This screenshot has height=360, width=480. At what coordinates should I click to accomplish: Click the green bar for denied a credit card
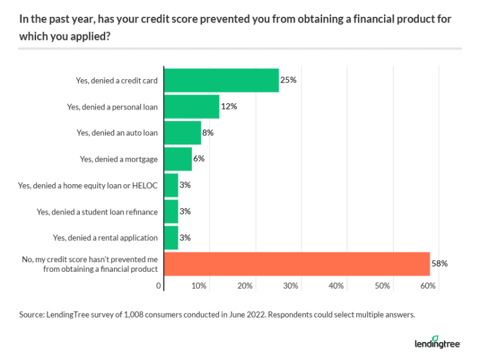(222, 81)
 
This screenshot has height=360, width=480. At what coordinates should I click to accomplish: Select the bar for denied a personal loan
(192, 107)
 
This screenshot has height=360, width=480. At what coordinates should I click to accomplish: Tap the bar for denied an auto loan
(183, 133)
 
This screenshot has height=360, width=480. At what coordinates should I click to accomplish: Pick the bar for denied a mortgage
(178, 159)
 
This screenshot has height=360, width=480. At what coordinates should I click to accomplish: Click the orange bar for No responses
(297, 263)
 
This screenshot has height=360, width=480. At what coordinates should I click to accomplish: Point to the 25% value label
(287, 81)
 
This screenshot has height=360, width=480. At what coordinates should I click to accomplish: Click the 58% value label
(439, 263)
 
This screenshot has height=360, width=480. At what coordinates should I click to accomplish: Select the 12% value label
(229, 107)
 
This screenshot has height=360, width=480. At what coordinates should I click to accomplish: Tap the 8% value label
(207, 133)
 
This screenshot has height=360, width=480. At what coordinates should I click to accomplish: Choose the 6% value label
(198, 159)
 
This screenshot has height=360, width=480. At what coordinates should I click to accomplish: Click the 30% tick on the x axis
(291, 285)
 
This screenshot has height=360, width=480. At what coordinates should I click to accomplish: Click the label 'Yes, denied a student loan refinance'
(97, 211)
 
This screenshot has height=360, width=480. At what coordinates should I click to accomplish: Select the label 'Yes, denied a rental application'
(105, 237)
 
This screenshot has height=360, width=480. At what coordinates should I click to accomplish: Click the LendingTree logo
(436, 341)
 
